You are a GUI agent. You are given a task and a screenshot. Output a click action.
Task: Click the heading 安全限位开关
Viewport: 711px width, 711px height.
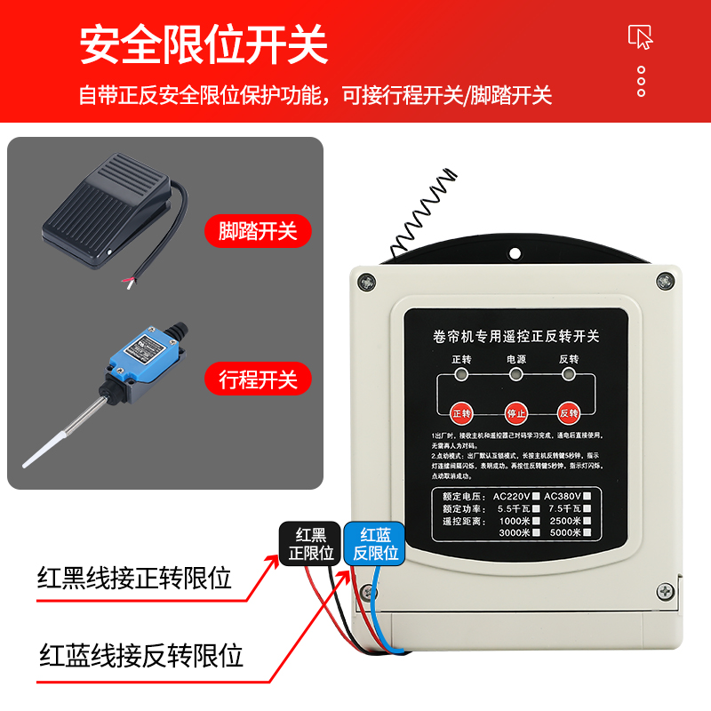(x=204, y=45)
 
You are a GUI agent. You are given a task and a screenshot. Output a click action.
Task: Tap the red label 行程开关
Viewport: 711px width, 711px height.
(x=259, y=379)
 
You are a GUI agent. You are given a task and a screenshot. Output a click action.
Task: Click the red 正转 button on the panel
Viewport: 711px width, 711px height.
(x=461, y=413)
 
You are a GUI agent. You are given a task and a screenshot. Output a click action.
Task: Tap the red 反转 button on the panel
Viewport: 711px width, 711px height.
(x=569, y=413)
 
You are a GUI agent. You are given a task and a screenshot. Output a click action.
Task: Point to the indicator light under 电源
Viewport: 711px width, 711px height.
(x=515, y=374)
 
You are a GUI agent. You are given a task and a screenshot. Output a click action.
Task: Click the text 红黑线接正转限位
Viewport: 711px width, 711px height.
(x=134, y=579)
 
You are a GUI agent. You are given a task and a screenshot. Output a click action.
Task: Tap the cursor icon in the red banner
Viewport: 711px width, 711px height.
(x=641, y=36)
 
